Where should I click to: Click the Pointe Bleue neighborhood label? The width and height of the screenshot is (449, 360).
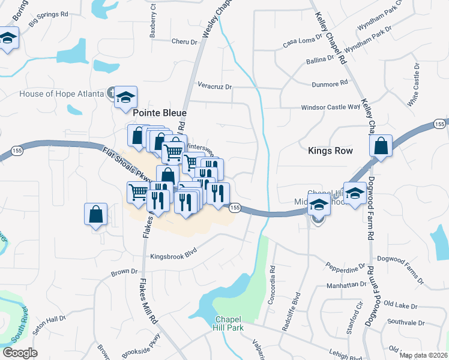pyautogui.click(x=159, y=113)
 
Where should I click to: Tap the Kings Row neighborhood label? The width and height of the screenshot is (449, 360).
pyautogui.click(x=330, y=151)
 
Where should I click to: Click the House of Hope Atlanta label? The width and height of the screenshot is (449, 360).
pyautogui.click(x=62, y=94)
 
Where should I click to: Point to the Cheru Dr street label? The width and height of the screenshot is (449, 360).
pyautogui.click(x=184, y=42)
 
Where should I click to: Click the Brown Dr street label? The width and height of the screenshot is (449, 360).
pyautogui.click(x=124, y=272)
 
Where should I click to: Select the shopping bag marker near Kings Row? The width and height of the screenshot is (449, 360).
pyautogui.click(x=381, y=146)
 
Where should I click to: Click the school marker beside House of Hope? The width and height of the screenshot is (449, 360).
pyautogui.click(x=126, y=97)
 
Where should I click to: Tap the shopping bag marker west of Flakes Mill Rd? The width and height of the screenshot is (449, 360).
pyautogui.click(x=96, y=214)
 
